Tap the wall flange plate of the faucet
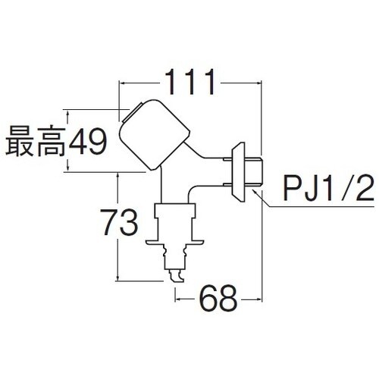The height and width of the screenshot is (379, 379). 238,172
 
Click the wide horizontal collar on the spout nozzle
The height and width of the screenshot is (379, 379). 174,242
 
